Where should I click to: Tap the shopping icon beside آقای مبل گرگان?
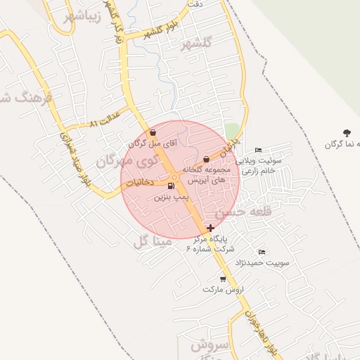tap(153, 132)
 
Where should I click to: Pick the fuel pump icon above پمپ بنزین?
tap(172, 186)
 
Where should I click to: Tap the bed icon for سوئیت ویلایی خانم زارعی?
tap(258, 150)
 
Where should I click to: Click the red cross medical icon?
tap(212, 227)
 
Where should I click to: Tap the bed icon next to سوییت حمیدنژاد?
tap(262, 252)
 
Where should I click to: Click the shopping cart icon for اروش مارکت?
tap(223, 278)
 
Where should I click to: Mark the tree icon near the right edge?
tap(347, 132)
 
